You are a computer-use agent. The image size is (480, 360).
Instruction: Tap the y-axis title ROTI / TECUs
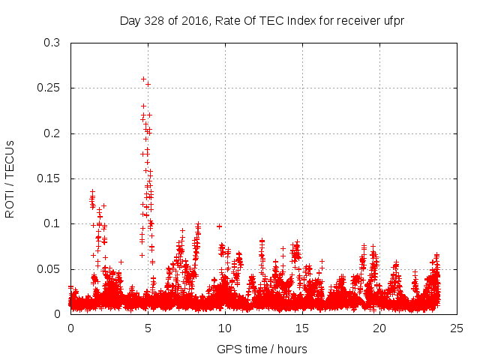(10, 178)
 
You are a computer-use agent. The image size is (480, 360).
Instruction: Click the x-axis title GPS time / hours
(262, 349)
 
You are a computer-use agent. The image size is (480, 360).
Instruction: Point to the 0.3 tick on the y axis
(52, 43)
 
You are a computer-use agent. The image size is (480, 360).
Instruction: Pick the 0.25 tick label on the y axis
(49, 88)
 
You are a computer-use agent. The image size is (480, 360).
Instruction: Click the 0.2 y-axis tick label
(52, 133)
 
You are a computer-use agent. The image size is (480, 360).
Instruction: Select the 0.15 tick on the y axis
(49, 178)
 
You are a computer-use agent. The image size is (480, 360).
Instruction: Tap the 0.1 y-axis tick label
(52, 223)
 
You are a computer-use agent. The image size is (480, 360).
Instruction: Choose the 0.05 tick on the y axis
(49, 268)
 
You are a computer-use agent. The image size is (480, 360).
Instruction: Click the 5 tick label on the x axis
(148, 328)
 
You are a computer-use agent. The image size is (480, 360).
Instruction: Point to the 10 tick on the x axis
(226, 328)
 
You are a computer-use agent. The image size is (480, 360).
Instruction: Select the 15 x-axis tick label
(303, 328)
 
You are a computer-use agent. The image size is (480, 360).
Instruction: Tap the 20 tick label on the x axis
(380, 328)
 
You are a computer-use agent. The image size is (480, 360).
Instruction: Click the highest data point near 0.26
(143, 79)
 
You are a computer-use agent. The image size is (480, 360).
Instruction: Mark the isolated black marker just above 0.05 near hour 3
(121, 262)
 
